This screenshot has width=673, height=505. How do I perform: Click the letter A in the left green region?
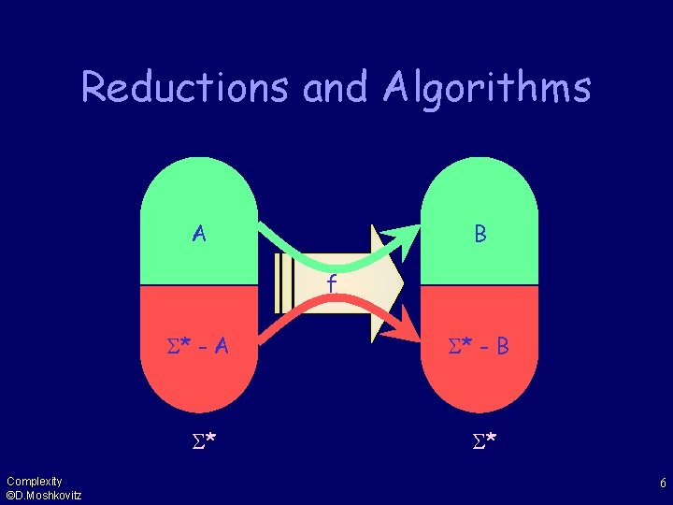tap(199, 233)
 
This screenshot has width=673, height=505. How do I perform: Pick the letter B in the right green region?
tap(480, 234)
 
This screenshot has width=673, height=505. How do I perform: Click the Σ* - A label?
tap(198, 347)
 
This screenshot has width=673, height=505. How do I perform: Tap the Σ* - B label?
tap(479, 347)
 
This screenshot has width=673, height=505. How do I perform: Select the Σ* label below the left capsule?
tap(198, 439)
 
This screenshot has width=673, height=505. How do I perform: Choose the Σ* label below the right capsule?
tap(479, 439)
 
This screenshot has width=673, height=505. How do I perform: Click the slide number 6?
tap(662, 483)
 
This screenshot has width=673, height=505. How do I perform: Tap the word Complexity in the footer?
tap(34, 482)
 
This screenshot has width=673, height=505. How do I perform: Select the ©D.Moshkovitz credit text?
tap(43, 496)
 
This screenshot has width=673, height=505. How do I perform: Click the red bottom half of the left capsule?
tap(198, 383)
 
